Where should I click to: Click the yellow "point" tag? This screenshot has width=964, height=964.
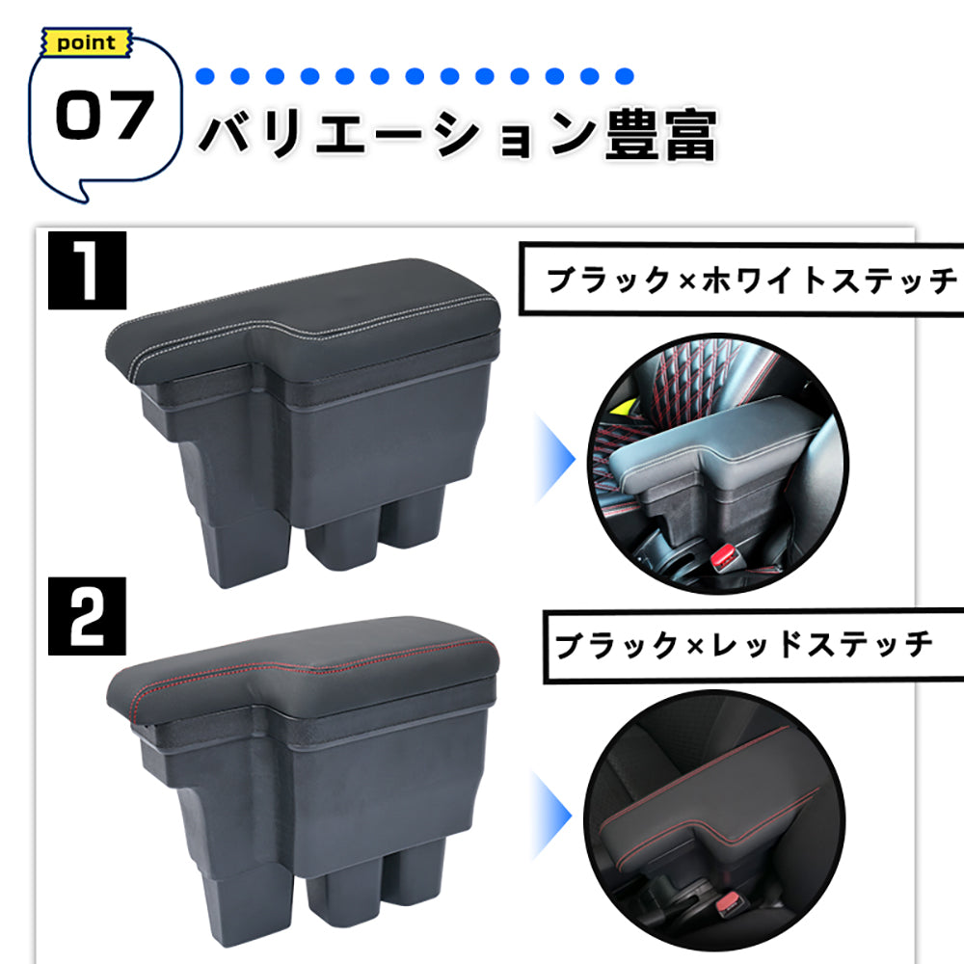(86, 43)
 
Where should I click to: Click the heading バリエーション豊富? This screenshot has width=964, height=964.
(457, 135)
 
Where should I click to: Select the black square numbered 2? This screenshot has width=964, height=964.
(88, 624)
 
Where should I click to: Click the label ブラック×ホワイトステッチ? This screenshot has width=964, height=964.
(750, 281)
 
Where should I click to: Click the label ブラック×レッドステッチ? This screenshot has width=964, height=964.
(742, 644)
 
